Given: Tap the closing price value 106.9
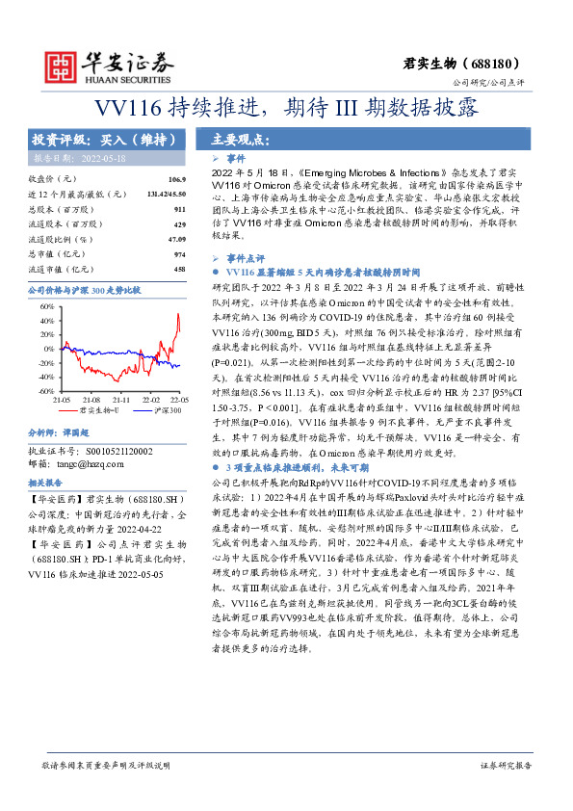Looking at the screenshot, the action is [x=176, y=179].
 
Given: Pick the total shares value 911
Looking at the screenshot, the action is [x=179, y=208].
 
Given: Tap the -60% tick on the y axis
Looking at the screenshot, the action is [x=45, y=392].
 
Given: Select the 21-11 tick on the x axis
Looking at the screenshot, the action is [x=121, y=399].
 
